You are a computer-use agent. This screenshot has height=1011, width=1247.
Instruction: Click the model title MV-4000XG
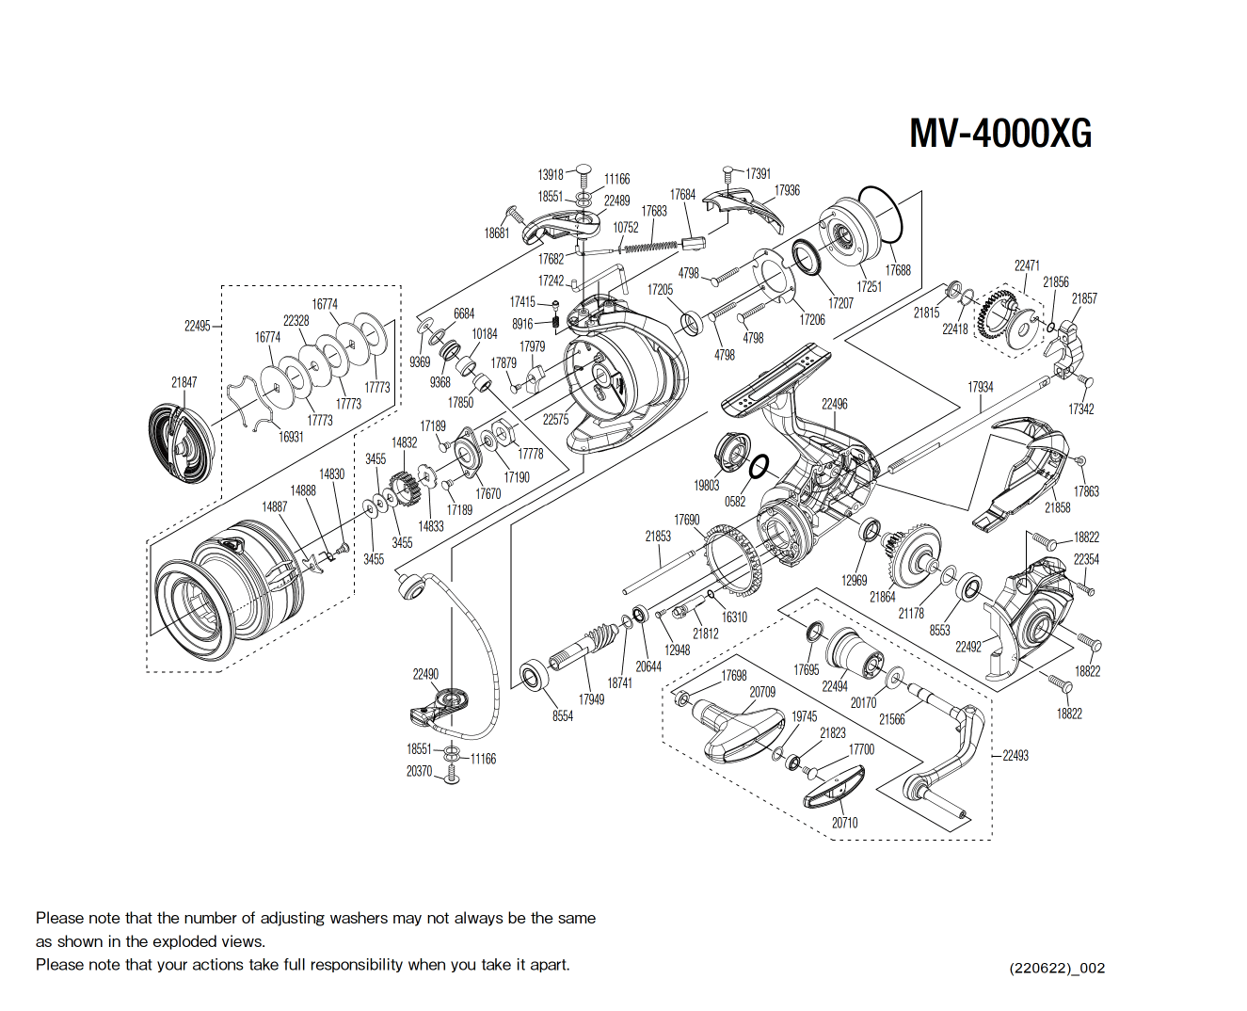(x=999, y=133)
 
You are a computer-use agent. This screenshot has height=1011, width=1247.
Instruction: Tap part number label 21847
(x=184, y=382)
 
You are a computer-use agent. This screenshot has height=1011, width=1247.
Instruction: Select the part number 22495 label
(x=197, y=326)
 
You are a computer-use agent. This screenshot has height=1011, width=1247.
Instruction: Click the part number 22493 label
(x=1015, y=755)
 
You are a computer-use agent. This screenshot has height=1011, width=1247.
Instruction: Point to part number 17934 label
(x=980, y=387)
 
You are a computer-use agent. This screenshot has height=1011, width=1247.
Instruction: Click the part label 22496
(x=834, y=404)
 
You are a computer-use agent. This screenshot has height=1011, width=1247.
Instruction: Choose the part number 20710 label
(x=844, y=823)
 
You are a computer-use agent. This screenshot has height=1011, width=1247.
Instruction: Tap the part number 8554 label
(x=563, y=716)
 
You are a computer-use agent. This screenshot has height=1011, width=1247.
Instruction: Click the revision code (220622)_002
(x=1057, y=968)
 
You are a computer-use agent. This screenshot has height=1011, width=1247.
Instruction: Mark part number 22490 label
(x=425, y=674)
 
